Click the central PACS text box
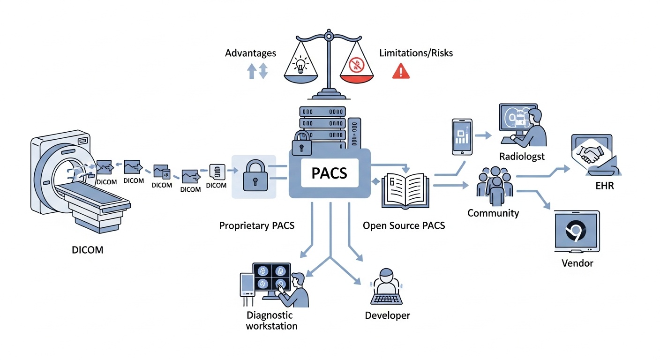330,173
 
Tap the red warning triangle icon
401,71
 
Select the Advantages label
250,53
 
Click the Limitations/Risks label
416,53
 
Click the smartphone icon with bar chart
462,136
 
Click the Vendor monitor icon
577,232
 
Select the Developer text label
387,315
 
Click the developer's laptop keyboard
387,299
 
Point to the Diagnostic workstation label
271,320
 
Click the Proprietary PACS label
256,225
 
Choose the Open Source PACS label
404,225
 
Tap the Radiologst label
522,157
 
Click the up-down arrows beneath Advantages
257,71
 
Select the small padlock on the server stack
302,144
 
